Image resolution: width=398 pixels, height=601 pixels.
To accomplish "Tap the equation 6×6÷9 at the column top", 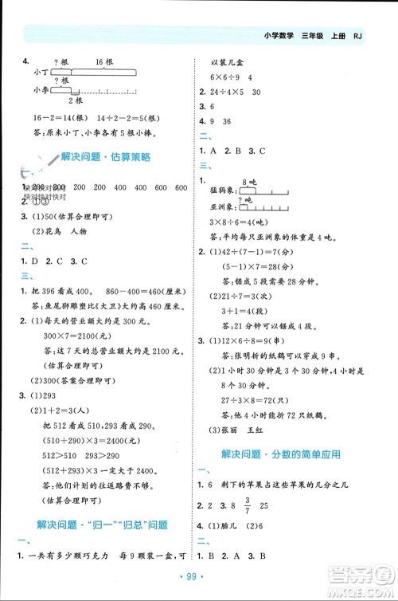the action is pos(226,77).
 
